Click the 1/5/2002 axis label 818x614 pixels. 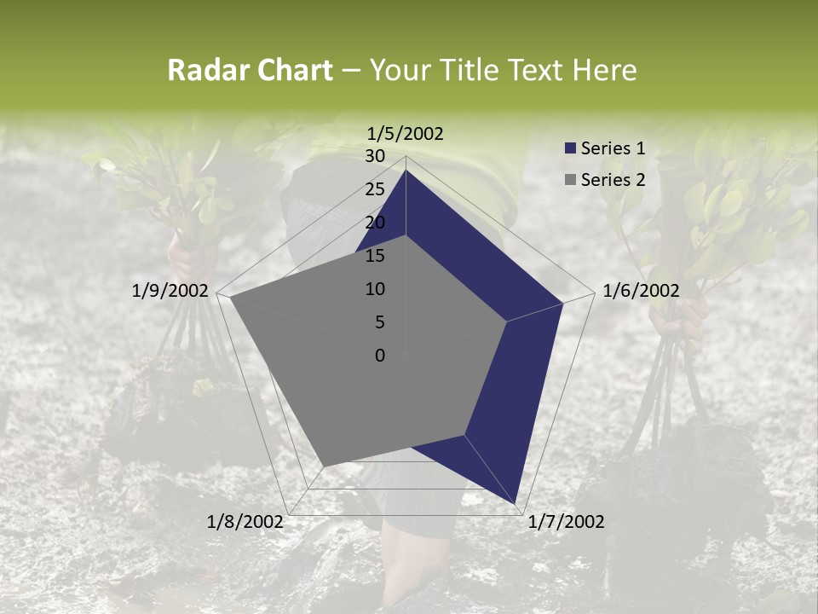(x=406, y=133)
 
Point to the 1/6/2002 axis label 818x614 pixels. (x=641, y=291)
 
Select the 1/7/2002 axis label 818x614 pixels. (x=566, y=521)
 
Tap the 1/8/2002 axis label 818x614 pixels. (x=245, y=521)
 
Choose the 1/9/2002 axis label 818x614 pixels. (x=170, y=291)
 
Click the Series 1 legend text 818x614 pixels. (x=613, y=148)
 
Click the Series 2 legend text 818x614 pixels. (x=613, y=179)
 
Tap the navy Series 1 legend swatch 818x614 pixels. (x=571, y=148)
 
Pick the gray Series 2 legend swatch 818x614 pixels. (x=571, y=179)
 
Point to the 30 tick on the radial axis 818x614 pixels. (x=375, y=156)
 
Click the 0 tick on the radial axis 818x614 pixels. (x=380, y=355)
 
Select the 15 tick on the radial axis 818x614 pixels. (x=375, y=256)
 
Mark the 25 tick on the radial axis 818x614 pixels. (x=375, y=189)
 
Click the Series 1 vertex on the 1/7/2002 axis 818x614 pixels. (x=516, y=504)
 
